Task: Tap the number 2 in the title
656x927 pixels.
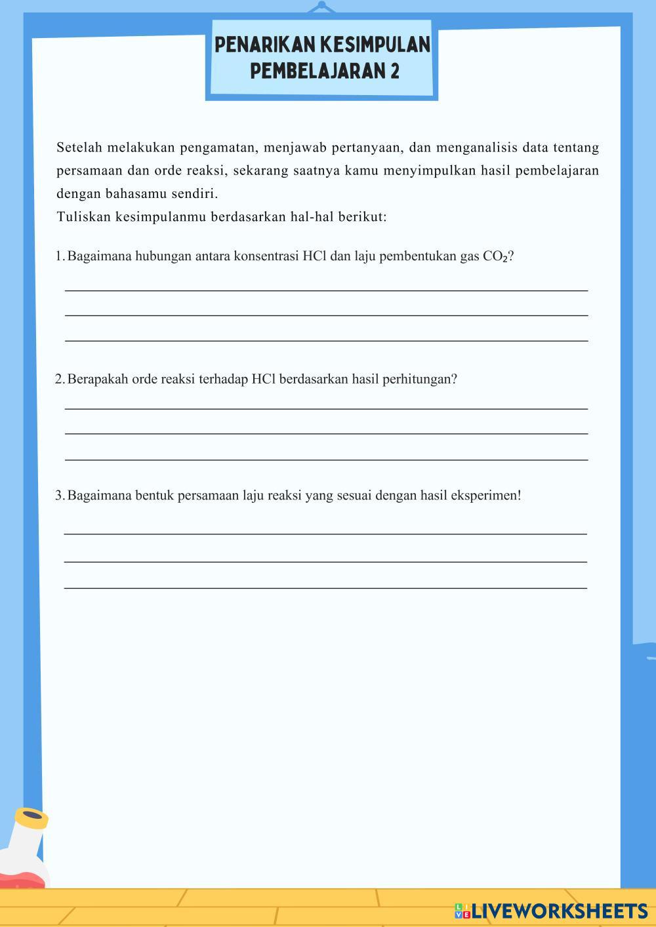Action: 394,70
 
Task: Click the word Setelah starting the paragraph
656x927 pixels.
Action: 79,148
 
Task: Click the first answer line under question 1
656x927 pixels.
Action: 326,290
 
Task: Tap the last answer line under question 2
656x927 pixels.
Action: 326,460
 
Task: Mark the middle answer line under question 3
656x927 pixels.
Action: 325,561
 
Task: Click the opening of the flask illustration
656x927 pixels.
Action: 31,818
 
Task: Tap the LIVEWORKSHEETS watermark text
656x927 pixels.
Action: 560,911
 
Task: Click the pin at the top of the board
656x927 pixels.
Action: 321,7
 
